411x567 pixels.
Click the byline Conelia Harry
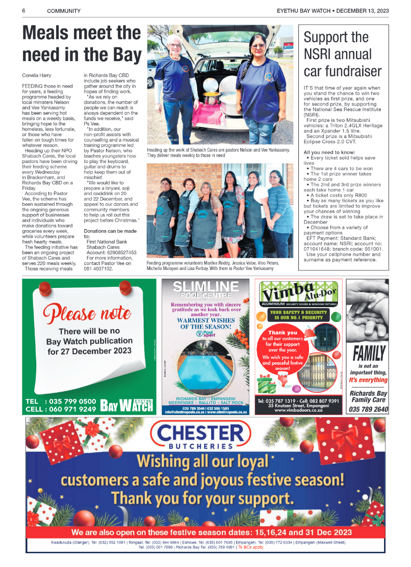(x=36, y=75)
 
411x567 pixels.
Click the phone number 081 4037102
(x=99, y=268)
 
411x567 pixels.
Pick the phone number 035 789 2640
(x=369, y=409)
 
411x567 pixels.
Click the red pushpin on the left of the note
(x=43, y=288)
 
